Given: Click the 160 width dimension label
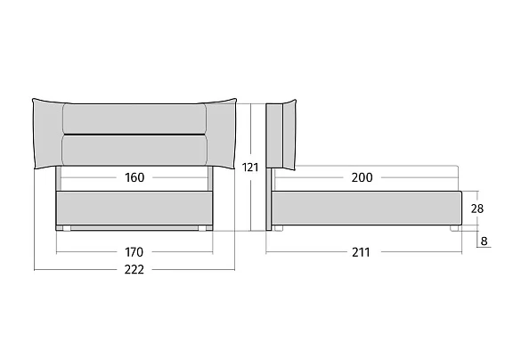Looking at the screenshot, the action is click(134, 177).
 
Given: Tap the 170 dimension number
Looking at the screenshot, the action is click(134, 252).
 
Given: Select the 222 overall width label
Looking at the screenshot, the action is click(134, 270).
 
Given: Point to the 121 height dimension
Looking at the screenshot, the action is click(250, 168).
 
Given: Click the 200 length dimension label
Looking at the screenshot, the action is click(362, 177).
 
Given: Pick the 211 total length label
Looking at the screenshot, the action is click(362, 252).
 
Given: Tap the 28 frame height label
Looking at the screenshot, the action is click(477, 209).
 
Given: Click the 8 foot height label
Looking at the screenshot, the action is click(484, 241).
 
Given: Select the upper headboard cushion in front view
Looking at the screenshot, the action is click(134, 119).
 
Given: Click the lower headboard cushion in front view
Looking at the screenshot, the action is click(134, 151).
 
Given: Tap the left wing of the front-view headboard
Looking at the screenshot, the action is click(47, 134).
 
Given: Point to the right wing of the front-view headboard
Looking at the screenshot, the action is click(221, 134).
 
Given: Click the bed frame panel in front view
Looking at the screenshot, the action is click(134, 209).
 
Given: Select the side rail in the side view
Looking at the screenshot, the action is click(366, 209).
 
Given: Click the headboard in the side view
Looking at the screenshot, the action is click(281, 135).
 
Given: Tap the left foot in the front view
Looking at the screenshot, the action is click(67, 228).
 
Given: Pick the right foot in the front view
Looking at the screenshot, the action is click(202, 228).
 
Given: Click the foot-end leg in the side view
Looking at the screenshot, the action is click(454, 228).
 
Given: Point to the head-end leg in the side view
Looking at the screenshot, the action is click(278, 228).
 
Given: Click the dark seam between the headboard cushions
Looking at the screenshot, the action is click(134, 135).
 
